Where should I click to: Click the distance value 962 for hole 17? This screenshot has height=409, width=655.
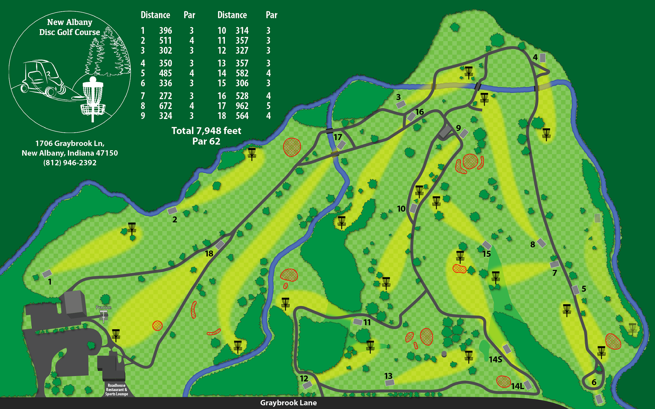click(x=242, y=106)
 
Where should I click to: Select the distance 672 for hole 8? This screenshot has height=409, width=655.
click(x=165, y=106)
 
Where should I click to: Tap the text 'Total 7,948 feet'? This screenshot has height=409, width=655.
click(x=206, y=131)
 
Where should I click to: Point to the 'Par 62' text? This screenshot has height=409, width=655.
click(x=206, y=141)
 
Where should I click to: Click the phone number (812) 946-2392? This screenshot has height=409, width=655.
click(x=70, y=163)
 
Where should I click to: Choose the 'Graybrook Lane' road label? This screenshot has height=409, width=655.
click(x=288, y=403)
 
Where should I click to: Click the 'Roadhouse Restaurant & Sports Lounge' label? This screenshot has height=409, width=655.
click(x=117, y=390)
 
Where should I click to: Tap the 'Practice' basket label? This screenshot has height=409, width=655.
click(x=104, y=307)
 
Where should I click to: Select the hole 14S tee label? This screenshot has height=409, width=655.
click(x=495, y=360)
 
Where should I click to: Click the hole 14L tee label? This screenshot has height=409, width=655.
click(x=517, y=386)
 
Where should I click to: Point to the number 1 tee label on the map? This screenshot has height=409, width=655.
click(x=50, y=282)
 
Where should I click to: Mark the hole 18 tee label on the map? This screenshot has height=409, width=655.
click(x=209, y=254)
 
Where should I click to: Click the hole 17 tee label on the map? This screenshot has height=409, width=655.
click(x=338, y=137)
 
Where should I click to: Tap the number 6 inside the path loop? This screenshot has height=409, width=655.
click(x=594, y=382)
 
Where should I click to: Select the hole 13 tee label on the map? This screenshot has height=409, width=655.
click(x=388, y=376)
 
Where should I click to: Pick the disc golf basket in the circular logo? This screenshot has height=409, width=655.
click(x=93, y=97)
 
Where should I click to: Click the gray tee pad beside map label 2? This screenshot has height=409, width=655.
click(x=172, y=211)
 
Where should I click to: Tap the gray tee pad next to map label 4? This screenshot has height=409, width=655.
click(x=542, y=58)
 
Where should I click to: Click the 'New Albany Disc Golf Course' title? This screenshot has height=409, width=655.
click(x=70, y=27)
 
